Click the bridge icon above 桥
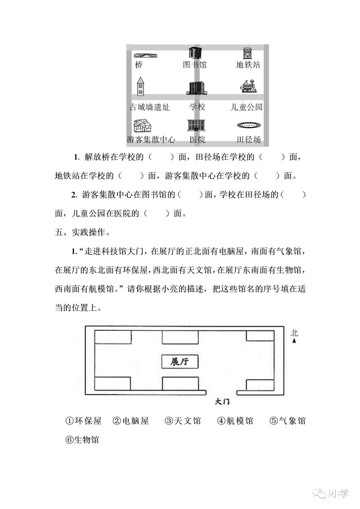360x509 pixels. (145, 55)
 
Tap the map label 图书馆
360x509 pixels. (195, 65)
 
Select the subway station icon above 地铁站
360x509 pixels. (247, 53)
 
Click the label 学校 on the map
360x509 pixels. (197, 107)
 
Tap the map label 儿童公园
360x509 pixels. (246, 107)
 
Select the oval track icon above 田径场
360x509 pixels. (248, 125)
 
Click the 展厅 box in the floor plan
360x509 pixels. (180, 362)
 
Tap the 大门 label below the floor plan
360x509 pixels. (222, 402)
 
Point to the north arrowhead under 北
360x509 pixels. (294, 341)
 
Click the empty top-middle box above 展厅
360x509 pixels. (180, 337)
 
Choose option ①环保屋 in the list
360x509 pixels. (83, 421)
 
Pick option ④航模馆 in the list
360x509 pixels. (235, 421)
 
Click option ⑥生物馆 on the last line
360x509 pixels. (82, 440)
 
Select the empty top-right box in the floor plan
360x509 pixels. (260, 336)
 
